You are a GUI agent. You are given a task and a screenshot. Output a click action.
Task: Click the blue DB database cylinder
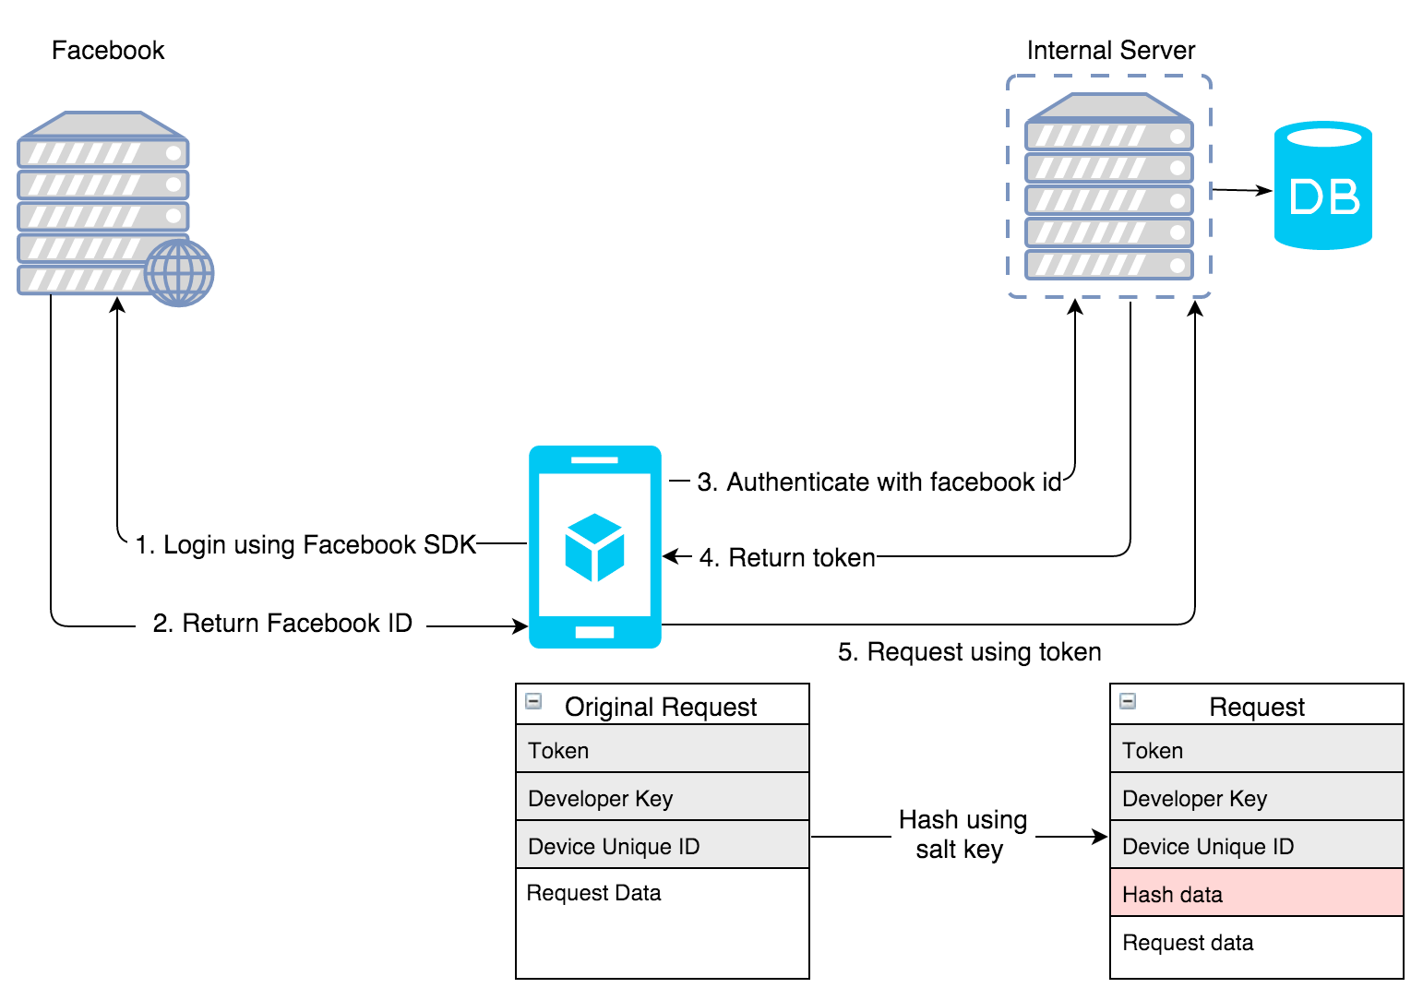[x=1322, y=186]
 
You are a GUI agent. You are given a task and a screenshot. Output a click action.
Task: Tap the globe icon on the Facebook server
[x=179, y=273]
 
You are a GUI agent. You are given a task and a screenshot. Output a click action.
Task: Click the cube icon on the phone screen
[x=594, y=547]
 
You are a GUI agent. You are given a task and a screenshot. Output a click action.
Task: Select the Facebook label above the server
[x=108, y=50]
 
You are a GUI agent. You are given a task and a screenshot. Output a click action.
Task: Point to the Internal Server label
[x=1110, y=50]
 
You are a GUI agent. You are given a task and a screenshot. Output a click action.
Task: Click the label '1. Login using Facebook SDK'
[x=305, y=544]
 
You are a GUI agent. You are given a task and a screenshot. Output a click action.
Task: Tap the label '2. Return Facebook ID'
[x=282, y=624]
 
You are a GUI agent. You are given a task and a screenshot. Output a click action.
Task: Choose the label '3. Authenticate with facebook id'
[x=879, y=482]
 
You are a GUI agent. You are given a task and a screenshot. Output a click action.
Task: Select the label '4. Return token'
[x=787, y=557]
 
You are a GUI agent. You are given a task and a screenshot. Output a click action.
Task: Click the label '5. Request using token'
[x=969, y=652]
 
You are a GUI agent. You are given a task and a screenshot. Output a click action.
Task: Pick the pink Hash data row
[x=1256, y=893]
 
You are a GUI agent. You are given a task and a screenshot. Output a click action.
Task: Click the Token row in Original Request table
[x=662, y=749]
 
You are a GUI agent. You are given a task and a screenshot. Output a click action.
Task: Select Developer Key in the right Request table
[x=1256, y=797]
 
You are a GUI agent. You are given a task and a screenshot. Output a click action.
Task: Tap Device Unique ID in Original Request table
[x=662, y=845]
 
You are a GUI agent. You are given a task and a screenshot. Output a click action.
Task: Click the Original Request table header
[x=661, y=706]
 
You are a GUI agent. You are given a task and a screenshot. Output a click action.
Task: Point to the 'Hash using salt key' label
[x=963, y=834]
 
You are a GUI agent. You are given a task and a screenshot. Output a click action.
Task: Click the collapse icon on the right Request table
[x=1128, y=701]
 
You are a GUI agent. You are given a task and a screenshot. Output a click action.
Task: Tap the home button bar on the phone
[x=594, y=632]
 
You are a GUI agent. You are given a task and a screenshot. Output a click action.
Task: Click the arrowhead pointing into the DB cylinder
[x=1266, y=191]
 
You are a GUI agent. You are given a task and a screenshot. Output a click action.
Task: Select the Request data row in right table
[x=1256, y=943]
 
